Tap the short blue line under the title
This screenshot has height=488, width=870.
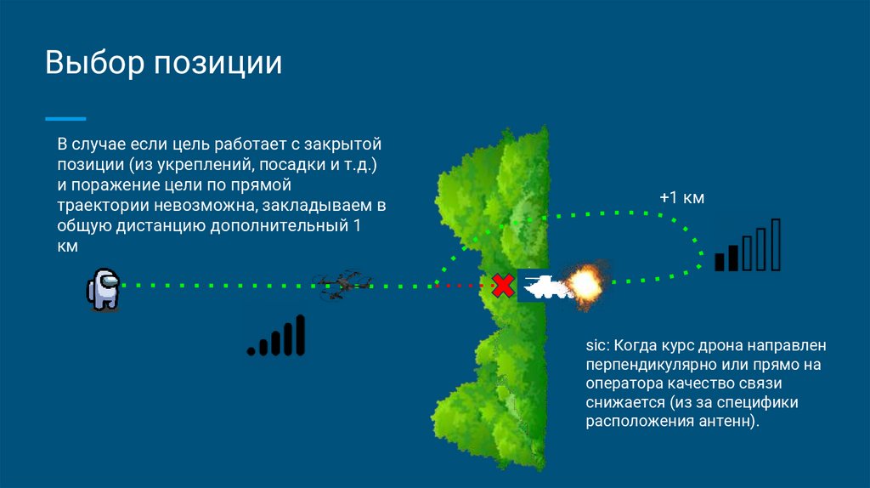point(65,118)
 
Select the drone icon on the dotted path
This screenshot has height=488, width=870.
point(341,284)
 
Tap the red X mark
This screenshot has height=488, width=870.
point(503,286)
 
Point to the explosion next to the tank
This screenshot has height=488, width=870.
point(585,285)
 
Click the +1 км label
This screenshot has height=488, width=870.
point(682,198)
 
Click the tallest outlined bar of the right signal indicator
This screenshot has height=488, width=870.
point(775,245)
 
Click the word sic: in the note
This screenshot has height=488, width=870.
point(597,347)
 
